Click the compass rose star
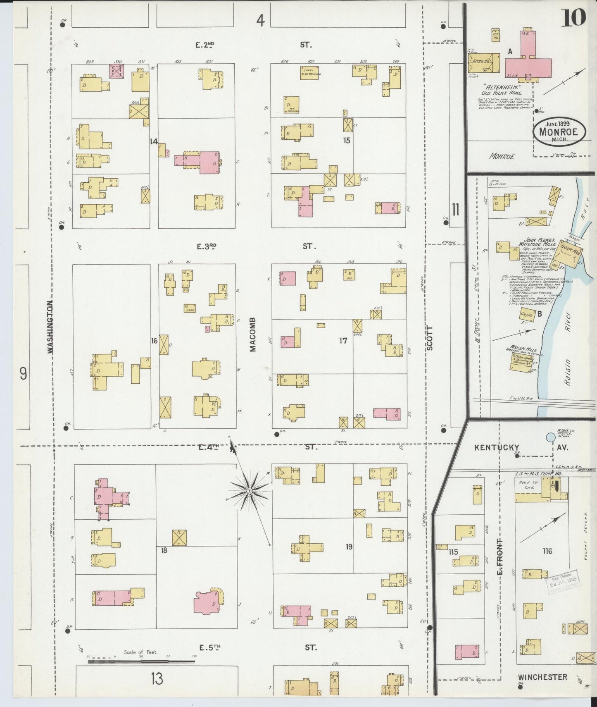coord(249,491)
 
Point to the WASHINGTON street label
coord(51,327)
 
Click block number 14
coord(154,141)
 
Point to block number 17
coord(343,341)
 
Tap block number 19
coord(349,547)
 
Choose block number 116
coord(548,551)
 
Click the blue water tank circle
coord(550,437)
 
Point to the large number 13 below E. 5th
coord(157,678)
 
